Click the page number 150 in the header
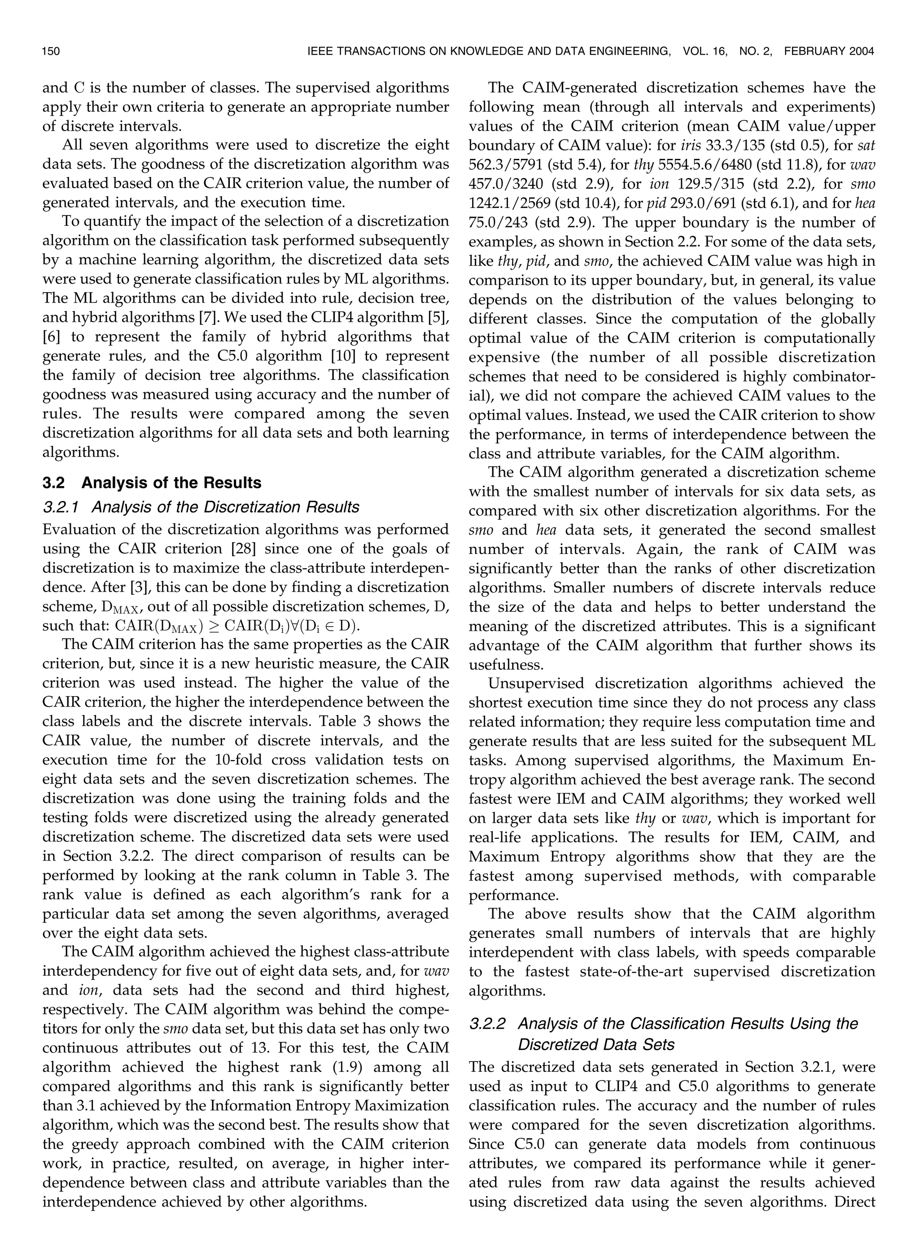coord(51,52)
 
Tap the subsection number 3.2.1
coord(61,507)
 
